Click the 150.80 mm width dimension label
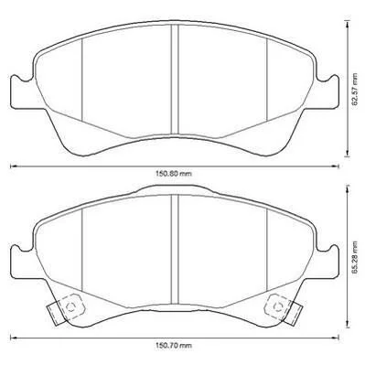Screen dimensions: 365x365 point(174,174)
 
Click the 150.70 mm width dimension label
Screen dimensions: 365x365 point(174,346)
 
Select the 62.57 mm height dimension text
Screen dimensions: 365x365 point(355,90)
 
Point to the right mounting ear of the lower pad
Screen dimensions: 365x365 point(327,263)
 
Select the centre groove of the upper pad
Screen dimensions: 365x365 point(175,80)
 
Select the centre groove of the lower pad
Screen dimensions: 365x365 point(175,250)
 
